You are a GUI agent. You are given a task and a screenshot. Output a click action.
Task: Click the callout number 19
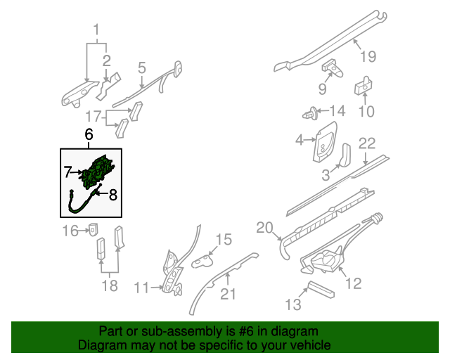pyautogui.click(x=368, y=57)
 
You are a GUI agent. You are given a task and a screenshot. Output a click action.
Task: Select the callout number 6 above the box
pyautogui.click(x=89, y=134)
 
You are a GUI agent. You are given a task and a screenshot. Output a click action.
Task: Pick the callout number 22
pyautogui.click(x=368, y=143)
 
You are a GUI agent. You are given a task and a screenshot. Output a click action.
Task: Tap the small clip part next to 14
pyautogui.click(x=310, y=112)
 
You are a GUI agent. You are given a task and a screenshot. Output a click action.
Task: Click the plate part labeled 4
pyautogui.click(x=326, y=140)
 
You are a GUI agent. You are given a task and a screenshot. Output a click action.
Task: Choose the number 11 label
pyautogui.click(x=142, y=287)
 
